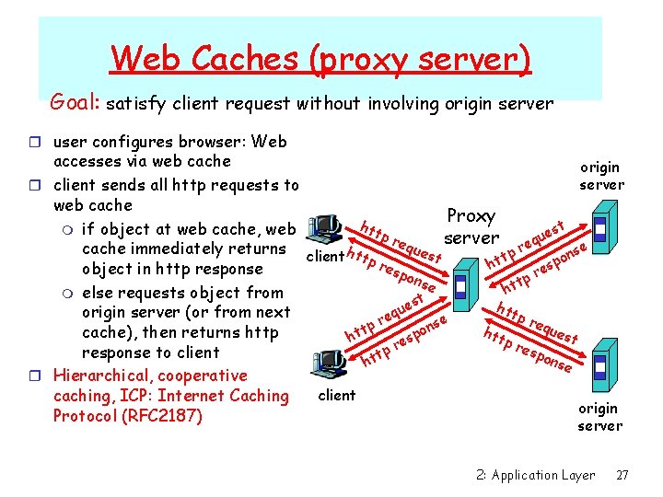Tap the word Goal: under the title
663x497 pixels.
(x=76, y=102)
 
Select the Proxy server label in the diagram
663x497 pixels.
(x=471, y=226)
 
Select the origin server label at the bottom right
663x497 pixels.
(x=599, y=417)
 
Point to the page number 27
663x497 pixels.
(x=622, y=475)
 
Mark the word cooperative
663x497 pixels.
(x=206, y=376)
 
